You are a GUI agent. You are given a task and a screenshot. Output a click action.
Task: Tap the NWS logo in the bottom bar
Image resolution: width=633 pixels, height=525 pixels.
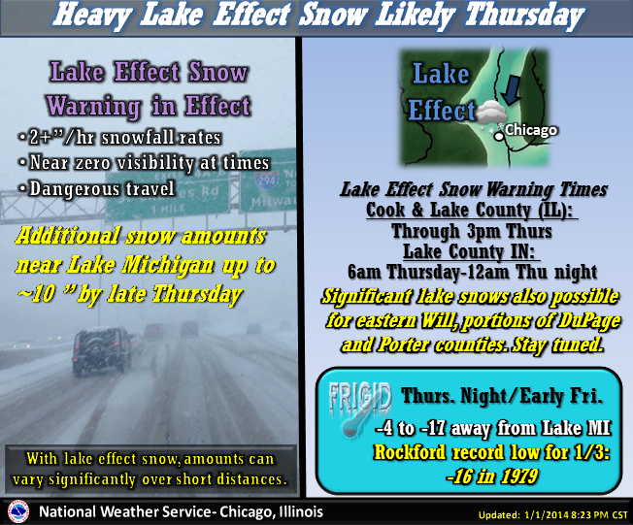(x=18, y=512)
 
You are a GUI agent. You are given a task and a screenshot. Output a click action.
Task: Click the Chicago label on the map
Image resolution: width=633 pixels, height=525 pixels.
(x=531, y=130)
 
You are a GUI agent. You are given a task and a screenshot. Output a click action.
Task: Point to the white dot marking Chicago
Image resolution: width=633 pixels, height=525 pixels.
(x=499, y=137)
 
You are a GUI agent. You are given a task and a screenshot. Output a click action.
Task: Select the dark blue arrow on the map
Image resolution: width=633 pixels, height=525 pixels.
(x=511, y=90)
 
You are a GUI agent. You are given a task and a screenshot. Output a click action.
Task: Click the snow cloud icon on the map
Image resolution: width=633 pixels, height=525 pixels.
(x=491, y=113)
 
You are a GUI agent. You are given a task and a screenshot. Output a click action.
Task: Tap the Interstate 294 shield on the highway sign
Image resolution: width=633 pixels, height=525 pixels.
(x=266, y=180)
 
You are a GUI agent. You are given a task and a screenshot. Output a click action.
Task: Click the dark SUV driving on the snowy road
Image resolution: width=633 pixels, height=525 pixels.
(x=102, y=350)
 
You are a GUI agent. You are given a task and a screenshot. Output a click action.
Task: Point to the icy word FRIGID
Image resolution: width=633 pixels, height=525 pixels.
(x=360, y=398)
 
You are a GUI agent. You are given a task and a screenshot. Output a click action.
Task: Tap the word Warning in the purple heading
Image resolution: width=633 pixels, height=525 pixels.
(x=94, y=106)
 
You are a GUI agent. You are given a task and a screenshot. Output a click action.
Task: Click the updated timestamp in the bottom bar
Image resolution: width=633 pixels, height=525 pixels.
(x=553, y=515)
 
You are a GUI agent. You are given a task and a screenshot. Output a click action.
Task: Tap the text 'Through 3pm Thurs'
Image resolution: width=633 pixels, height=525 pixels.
(x=472, y=231)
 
